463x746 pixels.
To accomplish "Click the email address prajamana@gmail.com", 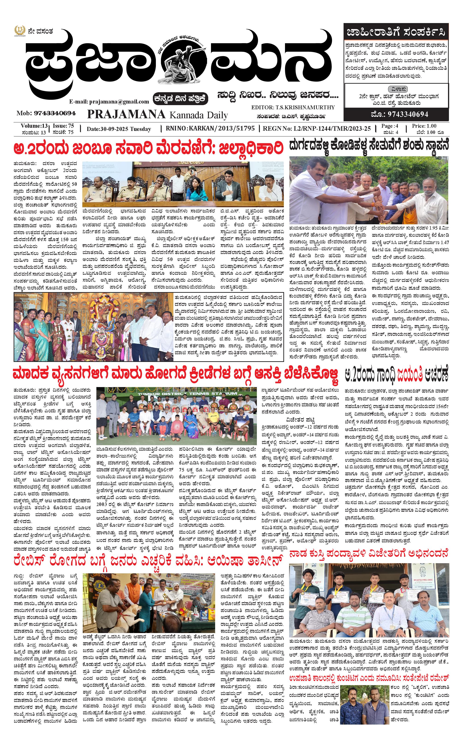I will click(x=109, y=102).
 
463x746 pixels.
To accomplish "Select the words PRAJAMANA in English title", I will click(x=126, y=114).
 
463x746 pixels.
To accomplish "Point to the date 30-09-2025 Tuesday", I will click(x=119, y=129).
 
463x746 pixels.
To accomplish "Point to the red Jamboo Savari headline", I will click(x=148, y=149).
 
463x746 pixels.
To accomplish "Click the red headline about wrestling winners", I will click(x=369, y=554).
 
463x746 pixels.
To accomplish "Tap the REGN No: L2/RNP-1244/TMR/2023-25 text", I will click(x=317, y=129).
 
